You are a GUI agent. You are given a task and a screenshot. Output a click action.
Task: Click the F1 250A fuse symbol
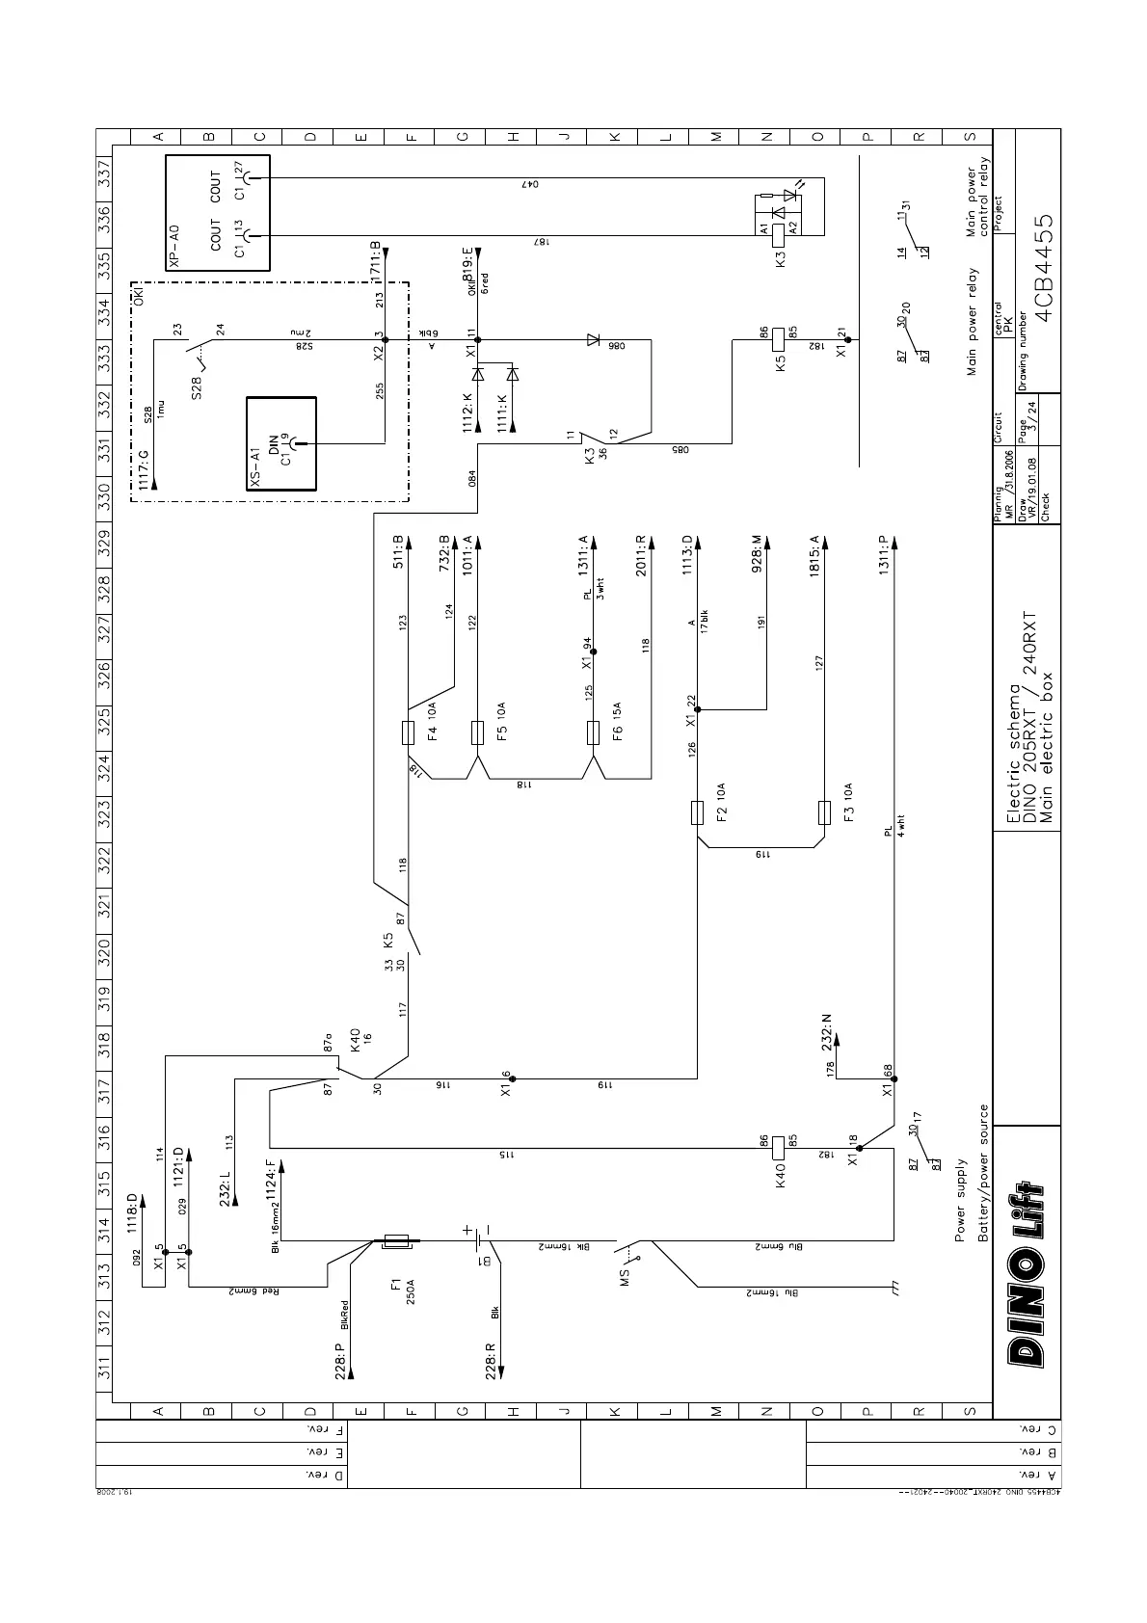(395, 1242)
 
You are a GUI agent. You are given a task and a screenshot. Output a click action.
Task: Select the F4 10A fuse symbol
(408, 732)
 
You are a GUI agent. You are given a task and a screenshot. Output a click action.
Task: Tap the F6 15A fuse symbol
(594, 732)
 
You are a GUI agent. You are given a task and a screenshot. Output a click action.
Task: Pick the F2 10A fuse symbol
(698, 812)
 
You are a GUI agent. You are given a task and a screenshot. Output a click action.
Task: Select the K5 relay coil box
(780, 339)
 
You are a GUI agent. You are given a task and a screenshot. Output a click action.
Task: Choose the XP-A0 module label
(173, 247)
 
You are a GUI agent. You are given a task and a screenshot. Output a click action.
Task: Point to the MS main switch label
(625, 1278)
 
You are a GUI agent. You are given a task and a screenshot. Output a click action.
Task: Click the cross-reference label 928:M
(758, 554)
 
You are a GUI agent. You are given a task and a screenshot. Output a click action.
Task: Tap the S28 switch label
(197, 386)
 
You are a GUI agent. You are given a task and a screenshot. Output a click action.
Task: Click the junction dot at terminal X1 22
(698, 709)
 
